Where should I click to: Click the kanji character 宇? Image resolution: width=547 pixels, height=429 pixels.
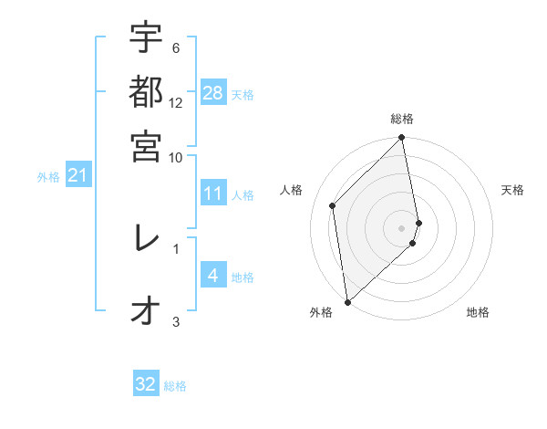pos(146,38)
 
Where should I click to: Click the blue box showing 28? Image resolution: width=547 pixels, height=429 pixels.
pos(213,93)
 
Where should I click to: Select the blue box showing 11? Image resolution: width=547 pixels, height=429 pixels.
pos(213,194)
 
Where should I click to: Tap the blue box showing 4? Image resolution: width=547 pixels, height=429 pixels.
pos(213,276)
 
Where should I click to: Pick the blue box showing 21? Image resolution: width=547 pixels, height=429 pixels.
pos(77,175)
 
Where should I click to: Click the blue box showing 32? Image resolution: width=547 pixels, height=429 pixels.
pos(146,384)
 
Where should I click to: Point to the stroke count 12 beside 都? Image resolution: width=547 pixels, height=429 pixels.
pos(176,103)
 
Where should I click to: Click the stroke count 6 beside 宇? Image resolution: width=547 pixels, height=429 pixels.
pos(175,47)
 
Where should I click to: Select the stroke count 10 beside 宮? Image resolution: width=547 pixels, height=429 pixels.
pos(176,156)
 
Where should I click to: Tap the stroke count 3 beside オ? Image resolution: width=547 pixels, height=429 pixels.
pos(176,321)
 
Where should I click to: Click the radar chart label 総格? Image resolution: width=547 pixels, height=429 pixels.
pos(402,119)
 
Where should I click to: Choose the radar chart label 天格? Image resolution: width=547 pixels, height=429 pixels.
pos(513,190)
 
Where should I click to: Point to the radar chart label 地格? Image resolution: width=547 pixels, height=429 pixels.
pos(478,313)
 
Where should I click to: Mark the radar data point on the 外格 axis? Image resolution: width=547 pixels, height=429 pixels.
pos(347,301)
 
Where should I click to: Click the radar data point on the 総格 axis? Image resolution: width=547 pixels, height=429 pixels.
pos(402,139)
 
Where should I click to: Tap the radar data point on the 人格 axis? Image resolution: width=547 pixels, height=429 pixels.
pos(333,205)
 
